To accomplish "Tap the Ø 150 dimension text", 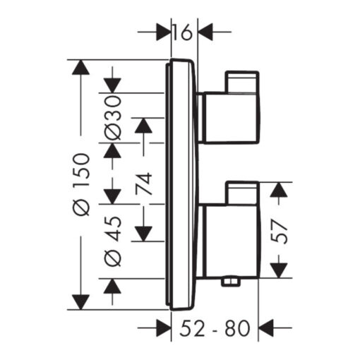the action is (x=81, y=184).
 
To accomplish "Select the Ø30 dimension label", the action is (x=113, y=118).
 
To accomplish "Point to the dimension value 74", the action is (x=143, y=184).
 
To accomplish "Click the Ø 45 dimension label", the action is (x=113, y=241).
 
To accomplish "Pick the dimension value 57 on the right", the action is (x=279, y=231).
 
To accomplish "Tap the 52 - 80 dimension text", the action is (x=215, y=328).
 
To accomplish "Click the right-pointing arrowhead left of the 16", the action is (x=164, y=32).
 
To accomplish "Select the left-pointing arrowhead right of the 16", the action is (x=205, y=32).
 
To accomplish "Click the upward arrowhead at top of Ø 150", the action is (x=80, y=67).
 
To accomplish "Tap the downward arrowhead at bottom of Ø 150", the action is (x=80, y=302).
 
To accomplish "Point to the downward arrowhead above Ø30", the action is (x=112, y=85).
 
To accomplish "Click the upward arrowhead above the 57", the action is (x=279, y=189).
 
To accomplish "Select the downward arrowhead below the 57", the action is (x=279, y=270).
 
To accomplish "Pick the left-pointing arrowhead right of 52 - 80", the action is (x=266, y=328).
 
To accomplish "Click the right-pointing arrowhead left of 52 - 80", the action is (x=164, y=328).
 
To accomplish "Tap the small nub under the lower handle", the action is (x=230, y=282).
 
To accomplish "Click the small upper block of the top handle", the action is (x=242, y=82).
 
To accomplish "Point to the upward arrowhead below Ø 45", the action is (x=112, y=286).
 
